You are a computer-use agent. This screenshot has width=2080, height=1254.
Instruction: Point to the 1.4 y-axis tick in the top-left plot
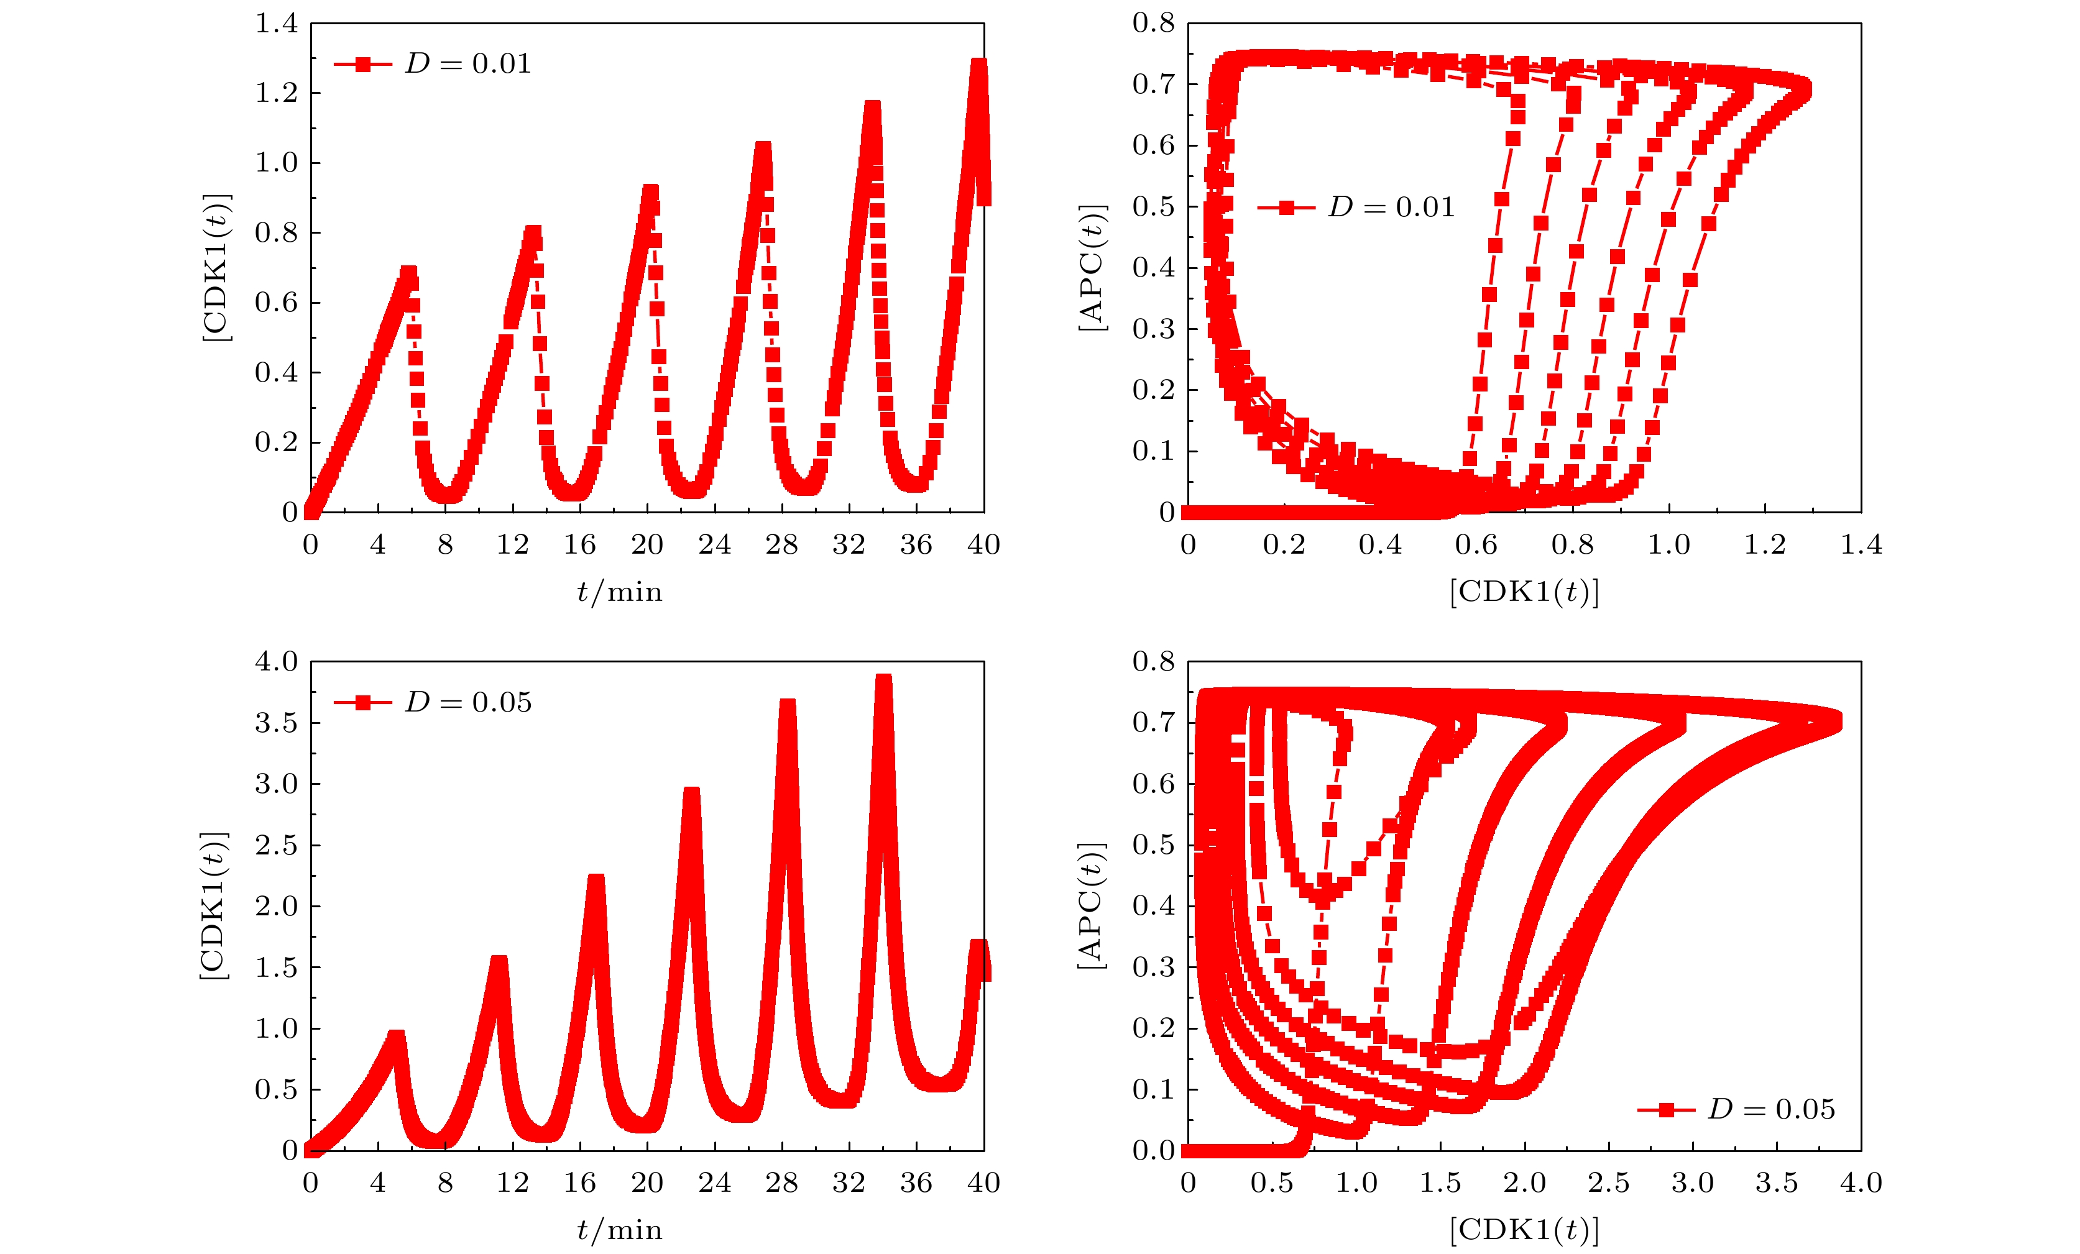coord(277,24)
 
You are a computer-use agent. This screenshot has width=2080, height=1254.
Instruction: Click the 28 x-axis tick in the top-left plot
coord(781,545)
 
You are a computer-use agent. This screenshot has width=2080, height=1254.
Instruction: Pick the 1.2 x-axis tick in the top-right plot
coord(1765,545)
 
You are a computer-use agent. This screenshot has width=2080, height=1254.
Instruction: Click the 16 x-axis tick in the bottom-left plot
coord(580,1183)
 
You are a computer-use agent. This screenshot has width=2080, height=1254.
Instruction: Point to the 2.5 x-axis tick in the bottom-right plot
coord(1608,1183)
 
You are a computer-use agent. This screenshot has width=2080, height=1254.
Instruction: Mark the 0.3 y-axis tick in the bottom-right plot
coord(1153,967)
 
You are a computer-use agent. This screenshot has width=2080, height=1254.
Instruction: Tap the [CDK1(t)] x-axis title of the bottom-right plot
coord(1524,1230)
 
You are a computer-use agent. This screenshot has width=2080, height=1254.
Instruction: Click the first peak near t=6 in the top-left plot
coord(408,273)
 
